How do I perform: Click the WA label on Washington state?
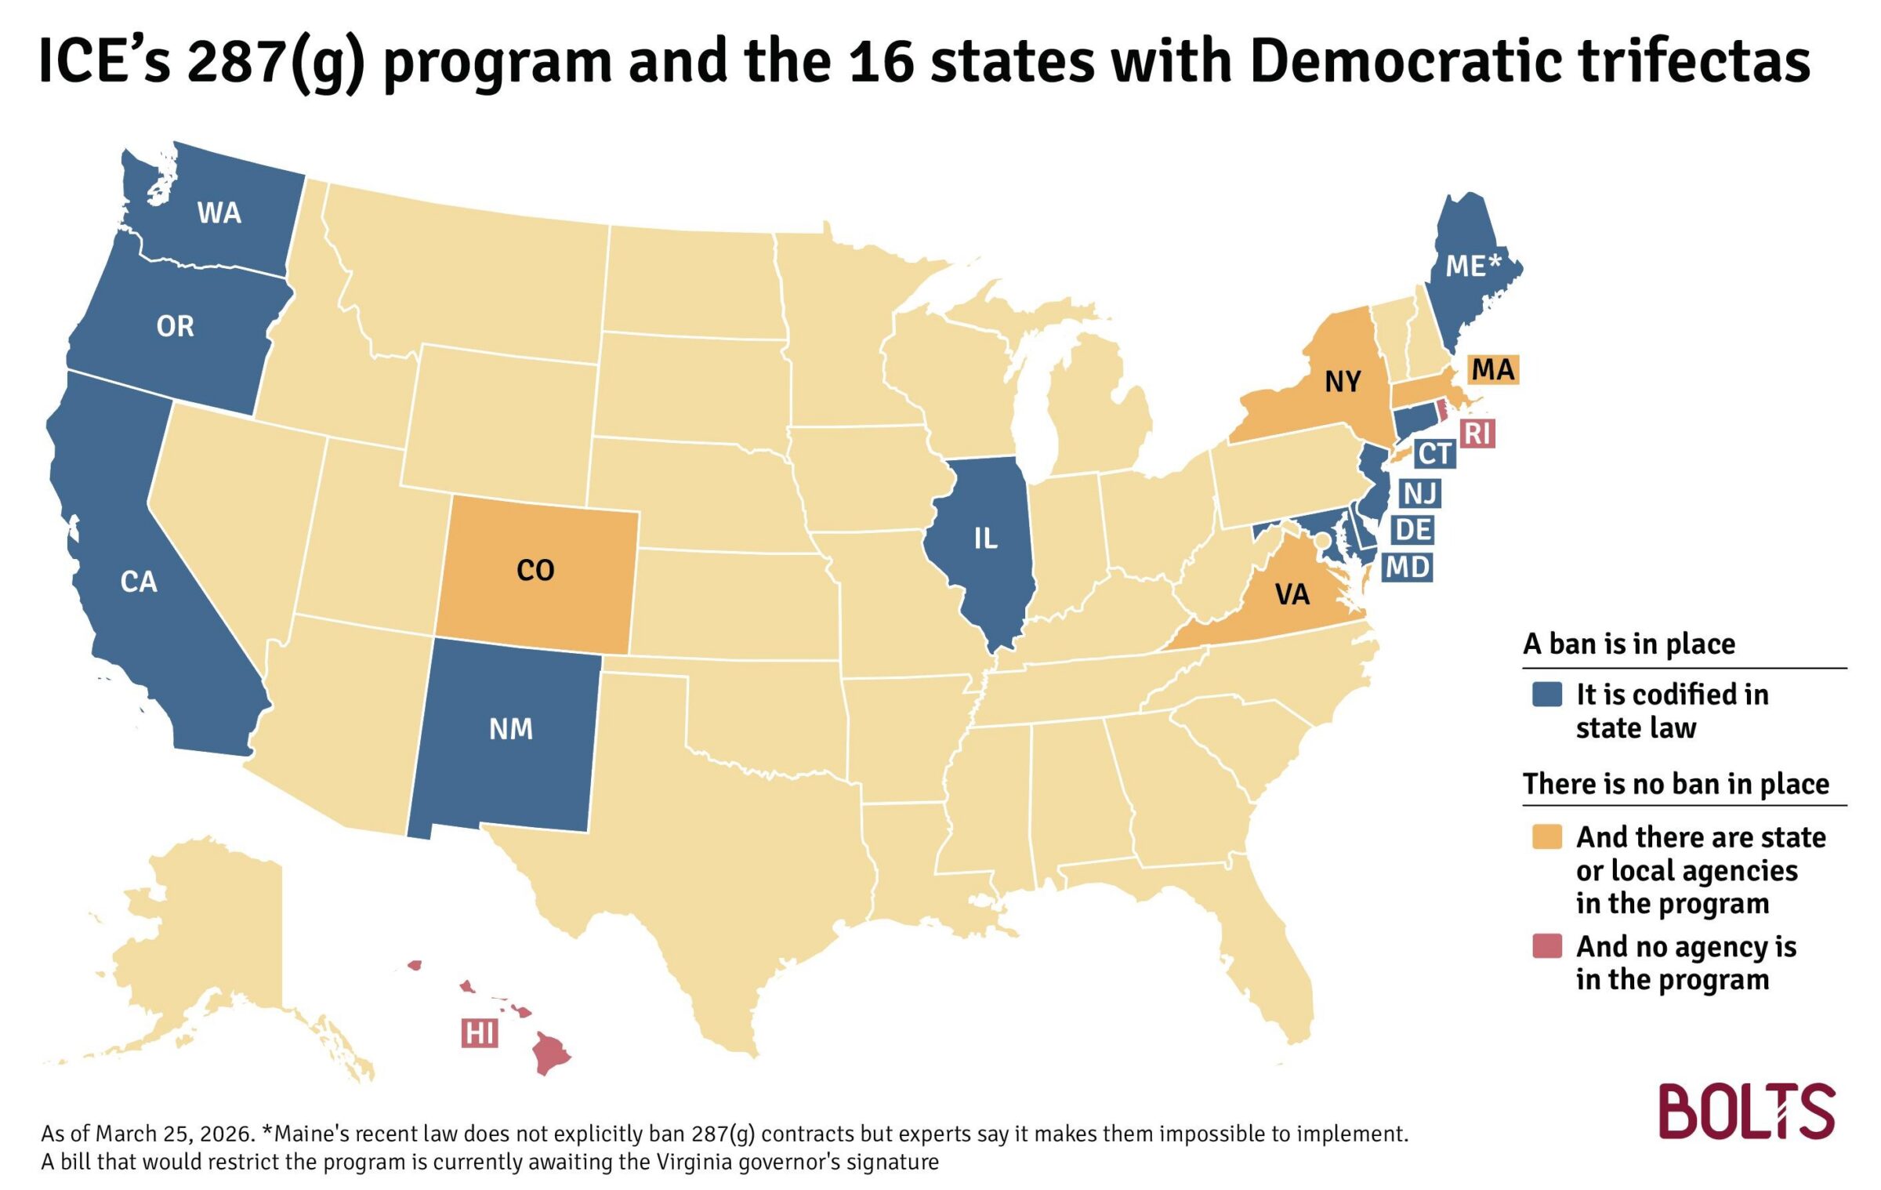[x=219, y=213]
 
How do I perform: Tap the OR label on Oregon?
[x=175, y=326]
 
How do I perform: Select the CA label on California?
[x=139, y=582]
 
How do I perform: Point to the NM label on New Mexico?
[x=511, y=729]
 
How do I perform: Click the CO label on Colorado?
[x=535, y=570]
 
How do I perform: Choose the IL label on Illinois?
[x=985, y=539]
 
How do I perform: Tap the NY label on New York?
[x=1343, y=382]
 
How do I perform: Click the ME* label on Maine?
[x=1473, y=266]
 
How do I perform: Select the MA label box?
[x=1492, y=369]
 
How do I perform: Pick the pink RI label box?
[x=1477, y=433]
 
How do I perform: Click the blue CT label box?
[x=1435, y=454]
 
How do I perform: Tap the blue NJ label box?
[x=1419, y=493]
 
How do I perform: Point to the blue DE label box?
[x=1414, y=530]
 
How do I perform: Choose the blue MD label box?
[x=1408, y=567]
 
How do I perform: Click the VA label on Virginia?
[x=1292, y=595]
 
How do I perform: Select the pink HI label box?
[x=479, y=1033]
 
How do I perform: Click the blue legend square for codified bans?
[x=1546, y=695]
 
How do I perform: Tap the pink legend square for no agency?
[x=1546, y=946]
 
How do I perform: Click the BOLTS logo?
[x=1747, y=1111]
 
